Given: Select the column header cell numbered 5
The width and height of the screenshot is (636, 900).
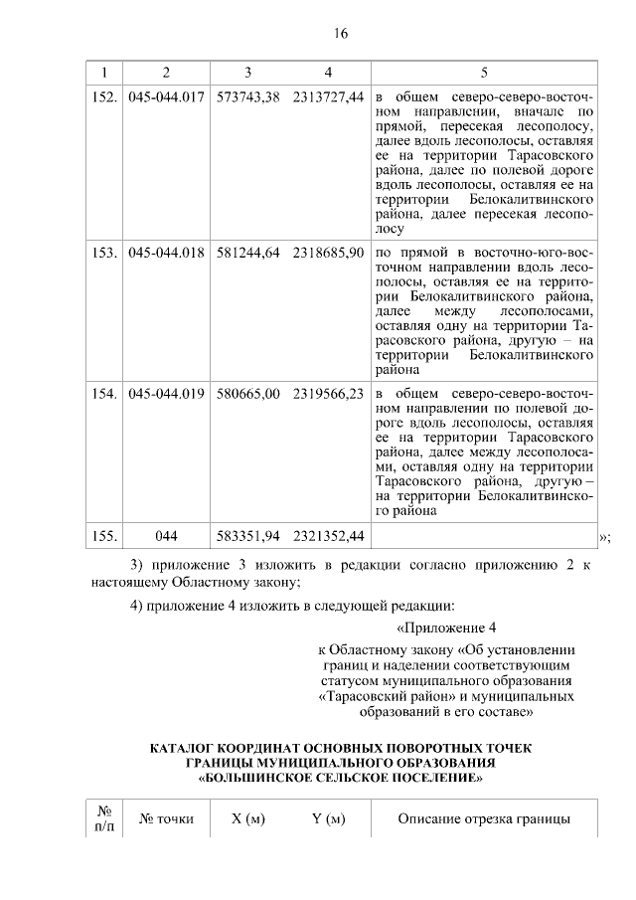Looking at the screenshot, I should tap(484, 73).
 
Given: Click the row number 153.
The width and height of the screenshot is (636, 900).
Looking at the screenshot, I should tap(105, 253).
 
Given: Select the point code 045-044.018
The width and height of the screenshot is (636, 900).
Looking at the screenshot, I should tap(167, 253).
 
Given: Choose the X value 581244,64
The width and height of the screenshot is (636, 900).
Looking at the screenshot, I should tap(247, 253).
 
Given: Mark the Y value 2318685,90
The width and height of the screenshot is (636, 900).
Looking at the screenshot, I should tap(328, 253).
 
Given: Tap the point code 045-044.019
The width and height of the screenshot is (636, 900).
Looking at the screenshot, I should tap(167, 394).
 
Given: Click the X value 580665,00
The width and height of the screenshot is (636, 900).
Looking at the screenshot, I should tap(247, 394).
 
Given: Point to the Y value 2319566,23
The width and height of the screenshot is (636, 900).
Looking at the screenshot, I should tap(328, 394).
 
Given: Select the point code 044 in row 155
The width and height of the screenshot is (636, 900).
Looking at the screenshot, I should tap(167, 536).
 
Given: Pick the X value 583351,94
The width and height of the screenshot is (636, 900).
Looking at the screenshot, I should tap(247, 536).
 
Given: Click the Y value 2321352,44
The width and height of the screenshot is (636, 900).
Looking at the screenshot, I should tap(328, 536).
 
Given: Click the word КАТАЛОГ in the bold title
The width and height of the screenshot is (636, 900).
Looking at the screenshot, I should tap(185, 747).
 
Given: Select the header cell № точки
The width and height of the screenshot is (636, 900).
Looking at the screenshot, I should tap(167, 819).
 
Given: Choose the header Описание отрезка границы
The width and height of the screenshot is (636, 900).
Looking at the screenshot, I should tap(484, 819).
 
